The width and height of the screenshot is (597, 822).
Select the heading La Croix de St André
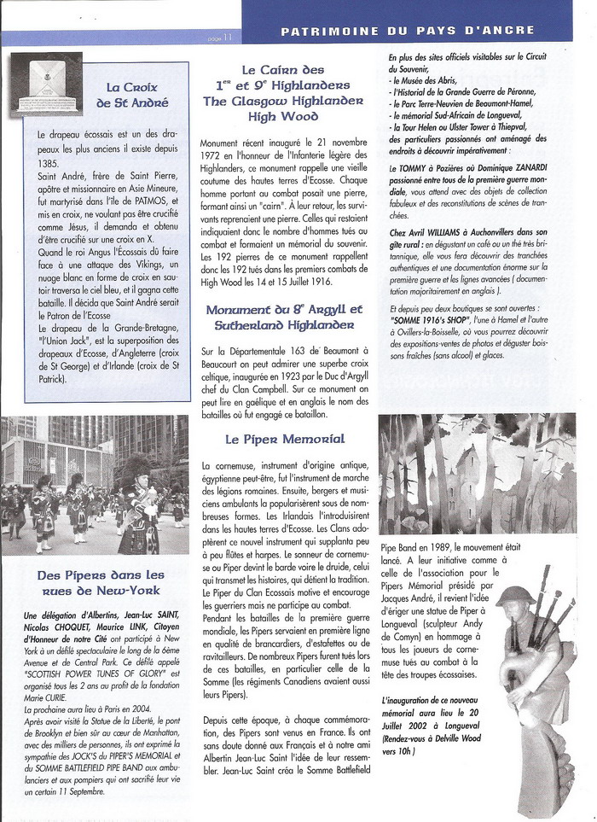(137, 95)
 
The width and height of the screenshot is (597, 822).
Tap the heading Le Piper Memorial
(284, 439)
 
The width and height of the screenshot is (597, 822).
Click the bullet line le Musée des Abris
(423, 79)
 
